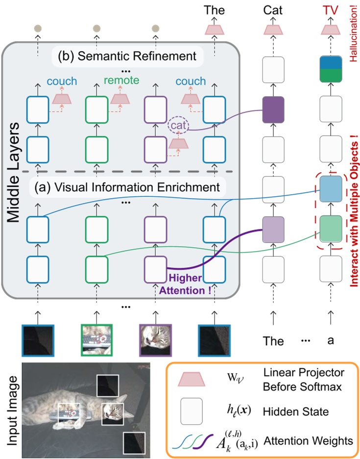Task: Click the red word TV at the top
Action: click(x=331, y=10)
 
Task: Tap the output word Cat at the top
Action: click(x=273, y=10)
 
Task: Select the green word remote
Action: click(x=121, y=80)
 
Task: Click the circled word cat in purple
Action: click(x=178, y=125)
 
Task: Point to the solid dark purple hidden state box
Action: click(x=273, y=109)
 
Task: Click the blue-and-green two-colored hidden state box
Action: click(x=331, y=69)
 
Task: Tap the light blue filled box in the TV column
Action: click(x=331, y=189)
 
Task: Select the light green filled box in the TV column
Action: click(x=331, y=229)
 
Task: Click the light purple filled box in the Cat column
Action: click(x=273, y=229)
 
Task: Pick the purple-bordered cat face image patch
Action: click(x=155, y=340)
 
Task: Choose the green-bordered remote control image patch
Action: click(x=97, y=340)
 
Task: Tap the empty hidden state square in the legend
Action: click(x=192, y=411)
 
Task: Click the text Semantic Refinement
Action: click(x=137, y=56)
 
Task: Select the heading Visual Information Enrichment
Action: click(x=137, y=187)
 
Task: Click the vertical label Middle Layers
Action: click(x=13, y=173)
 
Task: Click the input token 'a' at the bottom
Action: click(x=331, y=340)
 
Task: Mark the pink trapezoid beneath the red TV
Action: click(x=331, y=30)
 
